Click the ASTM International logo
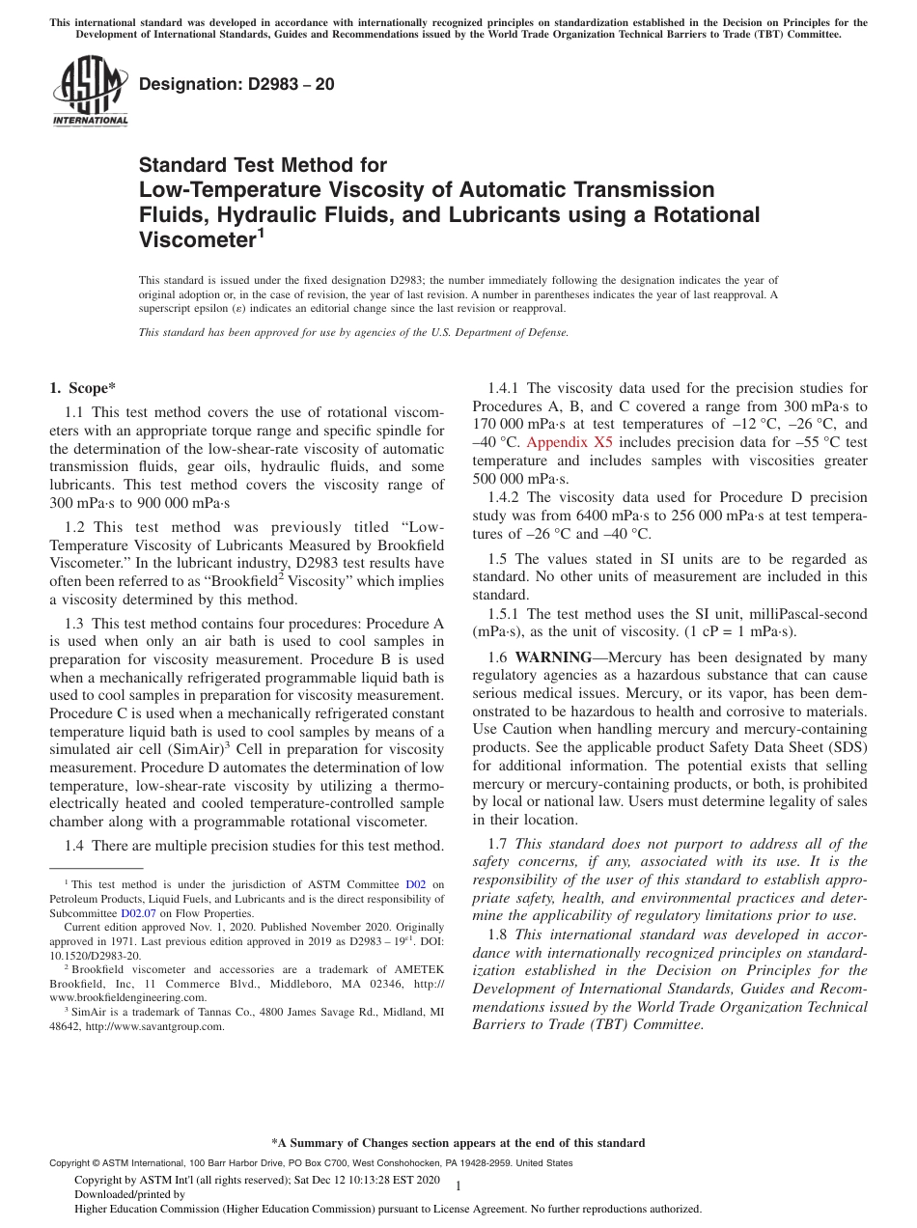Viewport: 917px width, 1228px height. tap(89, 90)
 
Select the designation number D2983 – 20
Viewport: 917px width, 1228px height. tap(236, 84)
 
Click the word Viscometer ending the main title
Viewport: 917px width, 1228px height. tap(198, 239)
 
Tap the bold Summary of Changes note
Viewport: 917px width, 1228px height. tap(458, 1143)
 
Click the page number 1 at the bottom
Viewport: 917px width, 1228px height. tap(458, 1186)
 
